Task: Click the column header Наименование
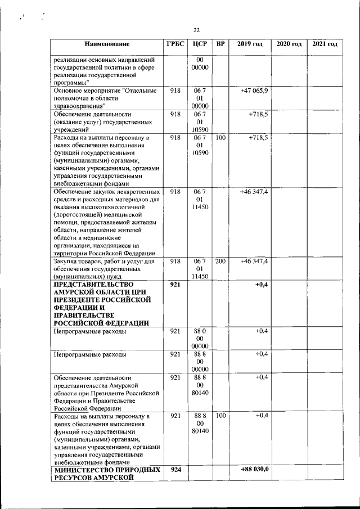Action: (x=107, y=44)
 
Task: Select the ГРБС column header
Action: (x=174, y=44)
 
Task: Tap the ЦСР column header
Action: (x=200, y=44)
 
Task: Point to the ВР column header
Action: (x=220, y=44)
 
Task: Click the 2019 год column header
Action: (x=250, y=44)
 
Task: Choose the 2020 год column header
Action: (x=289, y=44)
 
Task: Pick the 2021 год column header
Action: (x=325, y=44)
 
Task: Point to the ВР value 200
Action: (x=220, y=262)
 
